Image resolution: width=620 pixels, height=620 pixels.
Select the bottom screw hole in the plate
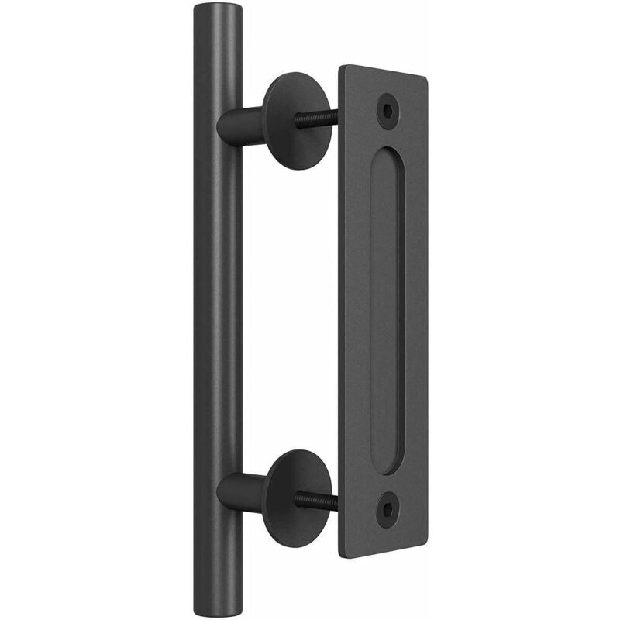[385, 508]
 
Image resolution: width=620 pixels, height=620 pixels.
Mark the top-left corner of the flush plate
[342, 67]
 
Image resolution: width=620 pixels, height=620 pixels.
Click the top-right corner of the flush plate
[427, 78]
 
